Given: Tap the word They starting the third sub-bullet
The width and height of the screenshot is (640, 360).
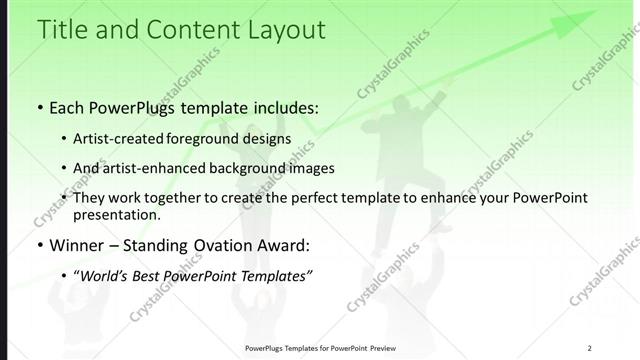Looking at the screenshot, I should tap(90, 198).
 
